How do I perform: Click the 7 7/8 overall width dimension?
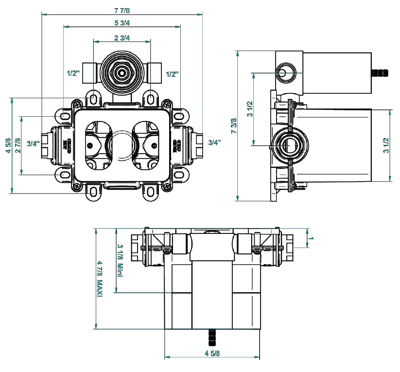(x=122, y=10)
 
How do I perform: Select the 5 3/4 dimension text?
(x=122, y=23)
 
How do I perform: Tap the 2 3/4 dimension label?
(x=122, y=38)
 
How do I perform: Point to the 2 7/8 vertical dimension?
(x=18, y=145)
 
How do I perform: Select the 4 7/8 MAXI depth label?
(x=100, y=280)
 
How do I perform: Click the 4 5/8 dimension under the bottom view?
(x=212, y=354)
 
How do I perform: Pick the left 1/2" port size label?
(x=73, y=74)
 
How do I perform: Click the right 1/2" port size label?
(x=172, y=74)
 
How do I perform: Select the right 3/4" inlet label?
(x=214, y=142)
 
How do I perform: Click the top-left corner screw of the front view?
(x=76, y=103)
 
